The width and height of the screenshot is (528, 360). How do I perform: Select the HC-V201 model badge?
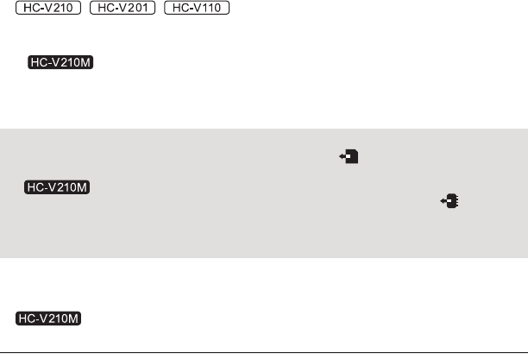[x=123, y=9]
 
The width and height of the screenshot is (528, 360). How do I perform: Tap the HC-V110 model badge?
[x=196, y=9]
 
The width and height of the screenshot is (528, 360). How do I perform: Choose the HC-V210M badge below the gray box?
[x=48, y=319]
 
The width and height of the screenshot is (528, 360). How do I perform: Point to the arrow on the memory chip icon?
[x=443, y=201]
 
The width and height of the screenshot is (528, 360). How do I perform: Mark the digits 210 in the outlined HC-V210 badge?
[x=63, y=9]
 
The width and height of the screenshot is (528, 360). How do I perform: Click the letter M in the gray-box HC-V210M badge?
[x=86, y=187]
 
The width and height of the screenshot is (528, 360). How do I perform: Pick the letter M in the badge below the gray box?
[x=75, y=319]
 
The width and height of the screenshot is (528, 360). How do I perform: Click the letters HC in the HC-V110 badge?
[x=178, y=9]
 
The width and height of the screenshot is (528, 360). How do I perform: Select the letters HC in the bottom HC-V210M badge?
[x=27, y=319]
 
